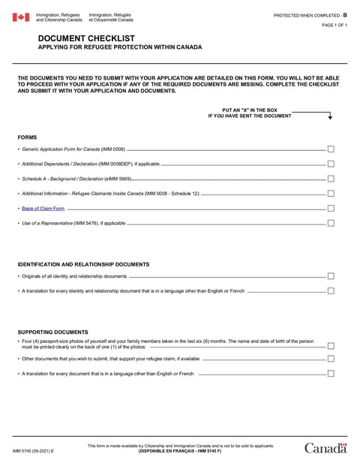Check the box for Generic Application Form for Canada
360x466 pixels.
pos(331,149)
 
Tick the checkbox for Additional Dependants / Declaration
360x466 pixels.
pos(331,164)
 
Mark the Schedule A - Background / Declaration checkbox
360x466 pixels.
pos(331,179)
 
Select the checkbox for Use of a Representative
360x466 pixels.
pos(331,223)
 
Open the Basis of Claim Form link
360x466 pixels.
pos(43,208)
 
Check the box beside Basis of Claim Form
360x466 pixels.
pos(331,208)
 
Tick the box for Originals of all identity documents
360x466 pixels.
pos(331,276)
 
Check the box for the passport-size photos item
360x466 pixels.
pos(331,345)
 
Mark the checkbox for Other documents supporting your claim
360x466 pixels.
pos(331,359)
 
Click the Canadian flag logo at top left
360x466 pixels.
pos(21,17)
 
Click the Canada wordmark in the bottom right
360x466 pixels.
pos(325,448)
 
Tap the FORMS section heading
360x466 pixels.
pos(28,137)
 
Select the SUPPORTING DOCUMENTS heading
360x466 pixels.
pos(52,332)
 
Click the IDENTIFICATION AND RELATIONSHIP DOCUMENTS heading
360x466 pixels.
pos(83,264)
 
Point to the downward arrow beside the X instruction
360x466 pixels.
pos(329,116)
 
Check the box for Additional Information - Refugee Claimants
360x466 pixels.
pos(331,194)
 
